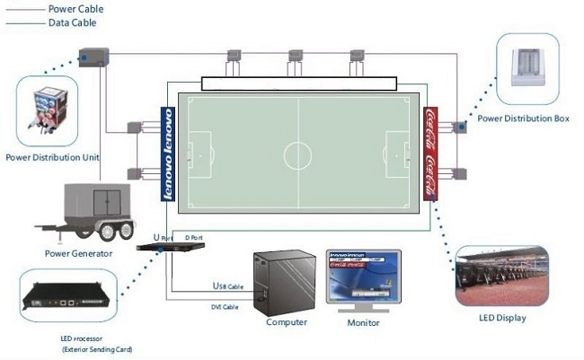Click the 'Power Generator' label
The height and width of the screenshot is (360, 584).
[78, 253]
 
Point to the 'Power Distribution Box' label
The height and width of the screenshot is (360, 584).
[524, 118]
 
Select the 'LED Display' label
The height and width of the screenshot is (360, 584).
[503, 318]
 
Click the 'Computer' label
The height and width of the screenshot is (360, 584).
[287, 321]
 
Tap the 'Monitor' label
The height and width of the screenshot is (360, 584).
[363, 322]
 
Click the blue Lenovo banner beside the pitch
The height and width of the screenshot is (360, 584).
[166, 154]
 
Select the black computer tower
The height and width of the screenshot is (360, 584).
[285, 281]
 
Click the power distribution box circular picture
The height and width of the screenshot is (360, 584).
[528, 66]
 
